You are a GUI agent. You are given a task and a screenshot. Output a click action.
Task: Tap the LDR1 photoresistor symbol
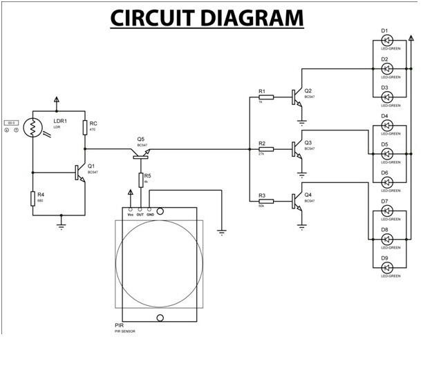pyautogui.click(x=33, y=128)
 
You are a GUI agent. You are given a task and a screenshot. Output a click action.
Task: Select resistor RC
pyautogui.click(x=84, y=128)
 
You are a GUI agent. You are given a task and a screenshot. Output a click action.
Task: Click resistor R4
pyautogui.click(x=33, y=199)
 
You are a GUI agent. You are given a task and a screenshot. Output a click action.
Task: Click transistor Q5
pyautogui.click(x=141, y=154)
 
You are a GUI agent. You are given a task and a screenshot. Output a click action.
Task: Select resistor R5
pyautogui.click(x=141, y=180)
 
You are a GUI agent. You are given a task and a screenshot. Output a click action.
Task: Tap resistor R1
pyautogui.click(x=265, y=97)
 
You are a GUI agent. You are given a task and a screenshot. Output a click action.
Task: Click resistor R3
pyautogui.click(x=265, y=202)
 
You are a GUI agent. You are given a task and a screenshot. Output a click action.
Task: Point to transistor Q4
pyautogui.click(x=298, y=202)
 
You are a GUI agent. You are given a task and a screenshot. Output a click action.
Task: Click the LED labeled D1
pyautogui.click(x=388, y=40)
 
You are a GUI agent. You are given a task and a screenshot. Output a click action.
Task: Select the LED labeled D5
pyautogui.click(x=388, y=153)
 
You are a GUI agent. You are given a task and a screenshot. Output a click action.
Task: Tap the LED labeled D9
pyautogui.click(x=388, y=267)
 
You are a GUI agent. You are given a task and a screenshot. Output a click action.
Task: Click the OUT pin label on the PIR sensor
pyautogui.click(x=140, y=215)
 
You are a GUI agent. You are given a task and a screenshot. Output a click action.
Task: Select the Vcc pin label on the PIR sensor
pyautogui.click(x=130, y=215)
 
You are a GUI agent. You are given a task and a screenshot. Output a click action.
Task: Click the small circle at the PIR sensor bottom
pyautogui.click(x=161, y=318)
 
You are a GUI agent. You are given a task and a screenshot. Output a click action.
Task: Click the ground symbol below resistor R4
pyautogui.click(x=61, y=224)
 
